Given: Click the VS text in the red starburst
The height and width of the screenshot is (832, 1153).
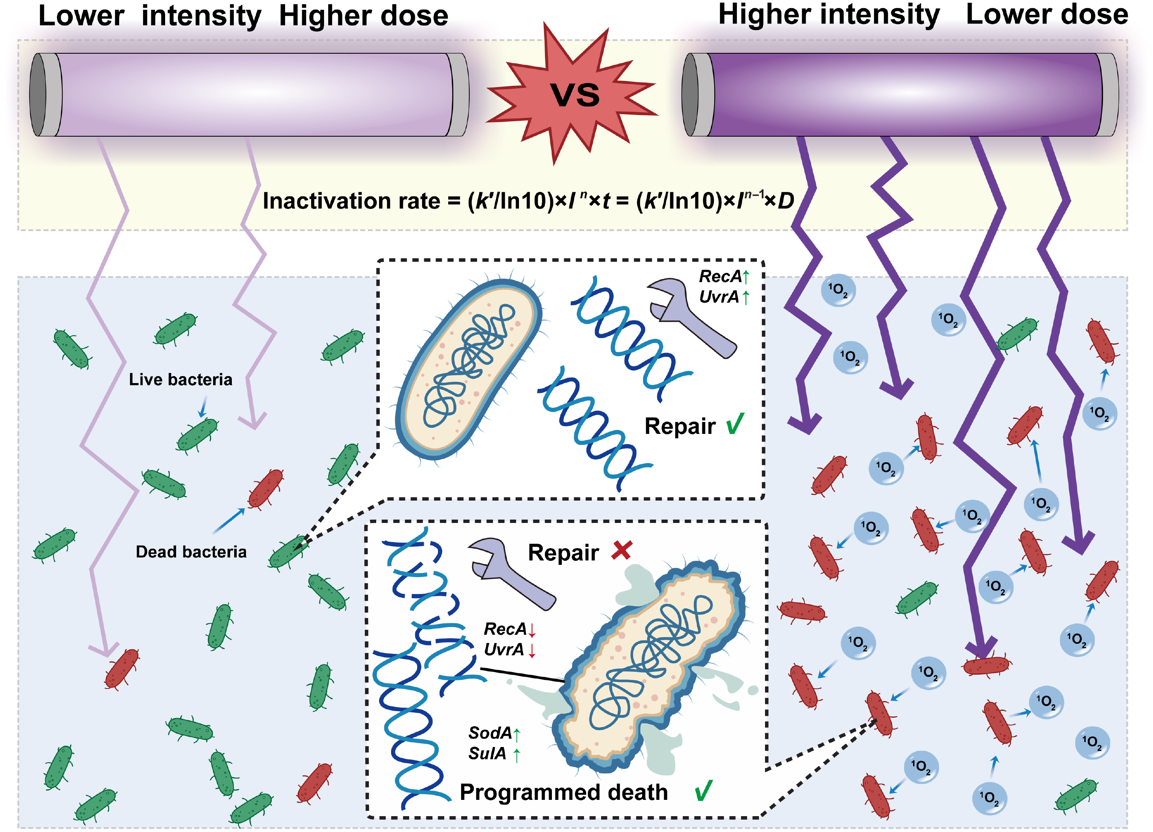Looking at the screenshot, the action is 575,95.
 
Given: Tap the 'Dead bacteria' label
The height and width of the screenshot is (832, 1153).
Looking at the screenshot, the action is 191,551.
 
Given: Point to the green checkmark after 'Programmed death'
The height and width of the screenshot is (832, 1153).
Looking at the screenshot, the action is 704,791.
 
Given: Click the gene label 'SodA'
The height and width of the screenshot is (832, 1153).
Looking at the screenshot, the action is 490,733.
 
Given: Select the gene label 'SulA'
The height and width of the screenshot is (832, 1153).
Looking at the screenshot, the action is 487,753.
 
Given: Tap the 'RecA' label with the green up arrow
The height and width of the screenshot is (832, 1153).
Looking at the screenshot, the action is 720,277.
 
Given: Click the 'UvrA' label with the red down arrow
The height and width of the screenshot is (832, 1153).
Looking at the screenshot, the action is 504,649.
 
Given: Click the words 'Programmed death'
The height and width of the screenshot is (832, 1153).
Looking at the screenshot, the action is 564,792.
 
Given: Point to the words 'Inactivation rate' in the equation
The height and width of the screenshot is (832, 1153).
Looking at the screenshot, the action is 351,201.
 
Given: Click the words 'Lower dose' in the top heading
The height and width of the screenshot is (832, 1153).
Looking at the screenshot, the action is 1047,14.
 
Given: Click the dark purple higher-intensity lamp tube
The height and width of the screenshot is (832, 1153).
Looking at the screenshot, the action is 900,94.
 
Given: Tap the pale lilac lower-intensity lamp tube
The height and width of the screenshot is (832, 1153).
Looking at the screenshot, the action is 249,94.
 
